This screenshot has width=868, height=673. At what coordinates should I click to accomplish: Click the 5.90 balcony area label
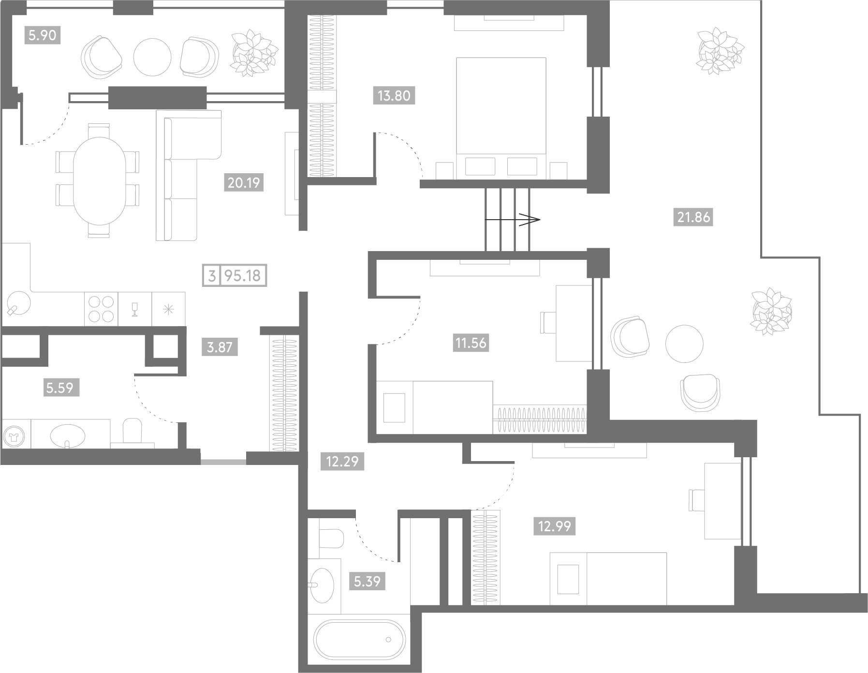click(x=43, y=35)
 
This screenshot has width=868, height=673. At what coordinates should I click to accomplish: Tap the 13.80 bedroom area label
click(x=394, y=95)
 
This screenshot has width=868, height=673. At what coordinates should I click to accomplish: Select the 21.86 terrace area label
click(x=693, y=217)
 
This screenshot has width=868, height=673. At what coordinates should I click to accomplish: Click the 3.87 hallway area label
click(x=220, y=347)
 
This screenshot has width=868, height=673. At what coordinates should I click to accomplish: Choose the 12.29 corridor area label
click(x=342, y=461)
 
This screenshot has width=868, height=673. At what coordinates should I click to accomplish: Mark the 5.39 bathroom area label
click(x=368, y=581)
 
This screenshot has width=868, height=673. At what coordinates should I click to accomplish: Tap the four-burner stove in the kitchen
click(x=101, y=309)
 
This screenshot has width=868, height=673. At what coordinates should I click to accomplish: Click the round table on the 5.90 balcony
click(x=152, y=57)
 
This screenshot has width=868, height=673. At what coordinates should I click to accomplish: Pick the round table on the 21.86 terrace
click(x=684, y=344)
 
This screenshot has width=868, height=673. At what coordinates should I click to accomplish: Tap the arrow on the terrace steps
click(x=513, y=219)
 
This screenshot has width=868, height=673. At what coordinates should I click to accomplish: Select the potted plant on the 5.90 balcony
click(x=254, y=52)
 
